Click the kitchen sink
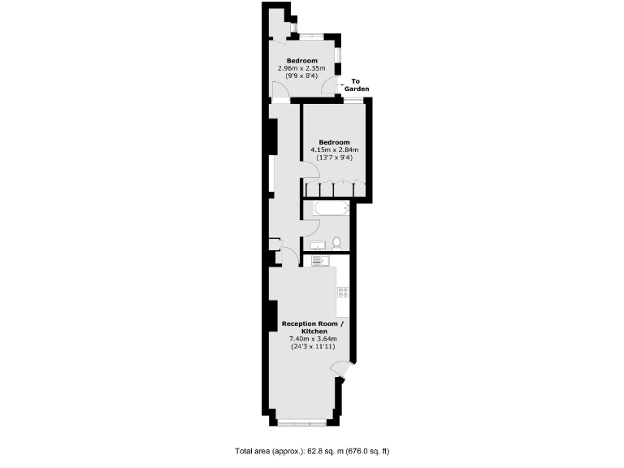[x=318, y=260]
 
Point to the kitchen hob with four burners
[x=343, y=292]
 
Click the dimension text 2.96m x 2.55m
[x=301, y=68]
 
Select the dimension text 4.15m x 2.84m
[x=335, y=150]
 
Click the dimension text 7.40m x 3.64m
[x=304, y=340]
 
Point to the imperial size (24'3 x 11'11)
[x=304, y=347]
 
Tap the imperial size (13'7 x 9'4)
[x=335, y=158]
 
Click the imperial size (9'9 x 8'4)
[x=301, y=76]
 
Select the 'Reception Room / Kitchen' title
[x=304, y=328]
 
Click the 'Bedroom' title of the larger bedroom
[x=335, y=142]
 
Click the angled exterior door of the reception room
[x=344, y=371]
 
